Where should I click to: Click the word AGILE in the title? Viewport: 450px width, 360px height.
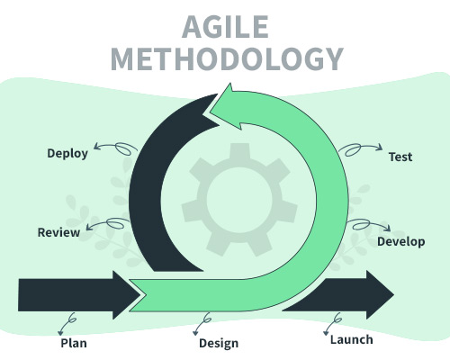pyautogui.click(x=225, y=27)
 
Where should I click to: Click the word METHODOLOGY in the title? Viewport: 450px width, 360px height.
pyautogui.click(x=227, y=59)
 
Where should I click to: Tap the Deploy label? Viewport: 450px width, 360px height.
pyautogui.click(x=67, y=154)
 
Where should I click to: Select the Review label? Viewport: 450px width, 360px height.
pyautogui.click(x=58, y=232)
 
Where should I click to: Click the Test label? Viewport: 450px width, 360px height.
pyautogui.click(x=400, y=157)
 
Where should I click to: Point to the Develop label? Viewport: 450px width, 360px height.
pyautogui.click(x=401, y=242)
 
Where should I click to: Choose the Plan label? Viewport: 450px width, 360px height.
pyautogui.click(x=74, y=343)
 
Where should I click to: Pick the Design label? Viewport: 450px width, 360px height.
pyautogui.click(x=219, y=344)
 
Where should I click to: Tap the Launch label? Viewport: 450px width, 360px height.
pyautogui.click(x=352, y=340)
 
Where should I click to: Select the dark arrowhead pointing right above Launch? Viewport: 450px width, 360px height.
pyautogui.click(x=380, y=294)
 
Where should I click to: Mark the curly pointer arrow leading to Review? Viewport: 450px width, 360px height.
pyautogui.click(x=108, y=223)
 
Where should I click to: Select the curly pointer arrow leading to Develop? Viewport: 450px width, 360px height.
pyautogui.click(x=369, y=224)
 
